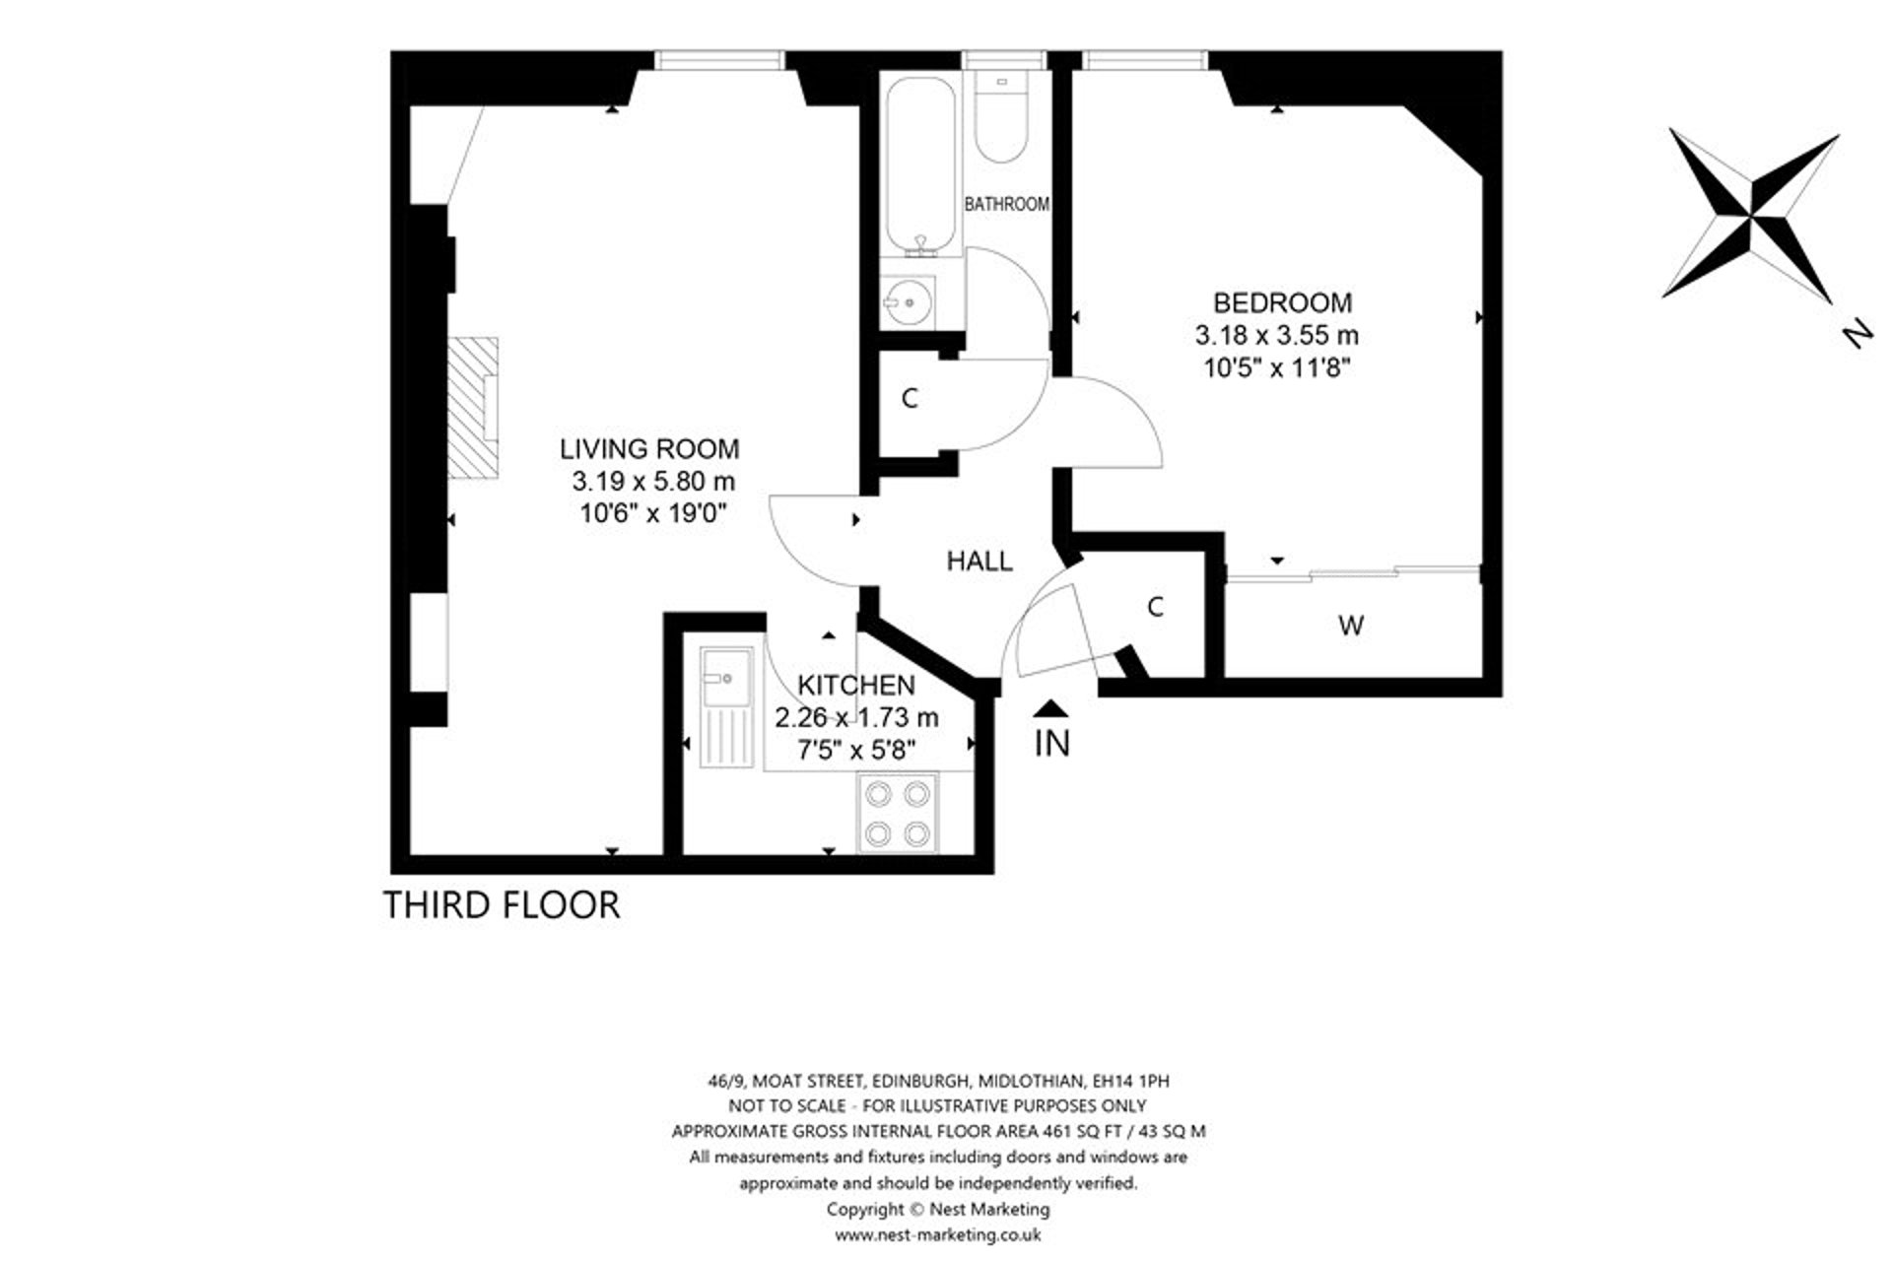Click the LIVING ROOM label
(649, 449)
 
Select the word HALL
(979, 562)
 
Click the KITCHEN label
(855, 685)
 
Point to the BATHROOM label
(1006, 205)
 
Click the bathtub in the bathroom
(920, 167)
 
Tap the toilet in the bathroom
(1002, 120)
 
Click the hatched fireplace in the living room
(474, 408)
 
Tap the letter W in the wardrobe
(1351, 626)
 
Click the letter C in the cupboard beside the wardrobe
(1156, 607)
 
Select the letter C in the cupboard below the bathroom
(910, 399)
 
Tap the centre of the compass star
(1752, 214)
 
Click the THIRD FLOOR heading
(502, 904)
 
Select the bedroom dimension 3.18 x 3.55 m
(1276, 336)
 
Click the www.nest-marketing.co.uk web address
(937, 1234)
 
